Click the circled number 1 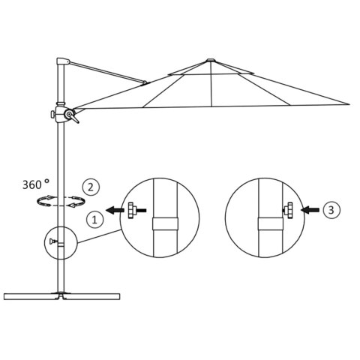coord(94,219)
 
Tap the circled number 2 coord(91,187)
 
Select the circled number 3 coord(331,211)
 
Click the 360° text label coord(36,182)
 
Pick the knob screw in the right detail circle coord(287,211)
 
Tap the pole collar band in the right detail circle coord(266,223)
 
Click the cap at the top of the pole coord(61,61)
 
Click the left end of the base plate coord(6,295)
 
